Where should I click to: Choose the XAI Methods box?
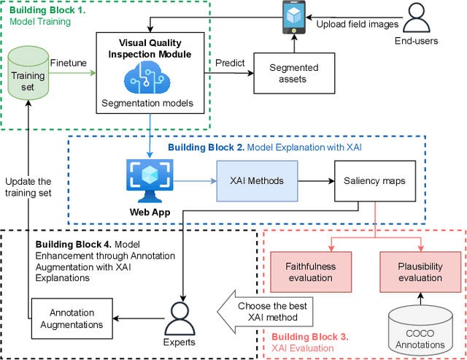coord(258,180)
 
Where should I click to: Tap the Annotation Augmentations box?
coord(72,318)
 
